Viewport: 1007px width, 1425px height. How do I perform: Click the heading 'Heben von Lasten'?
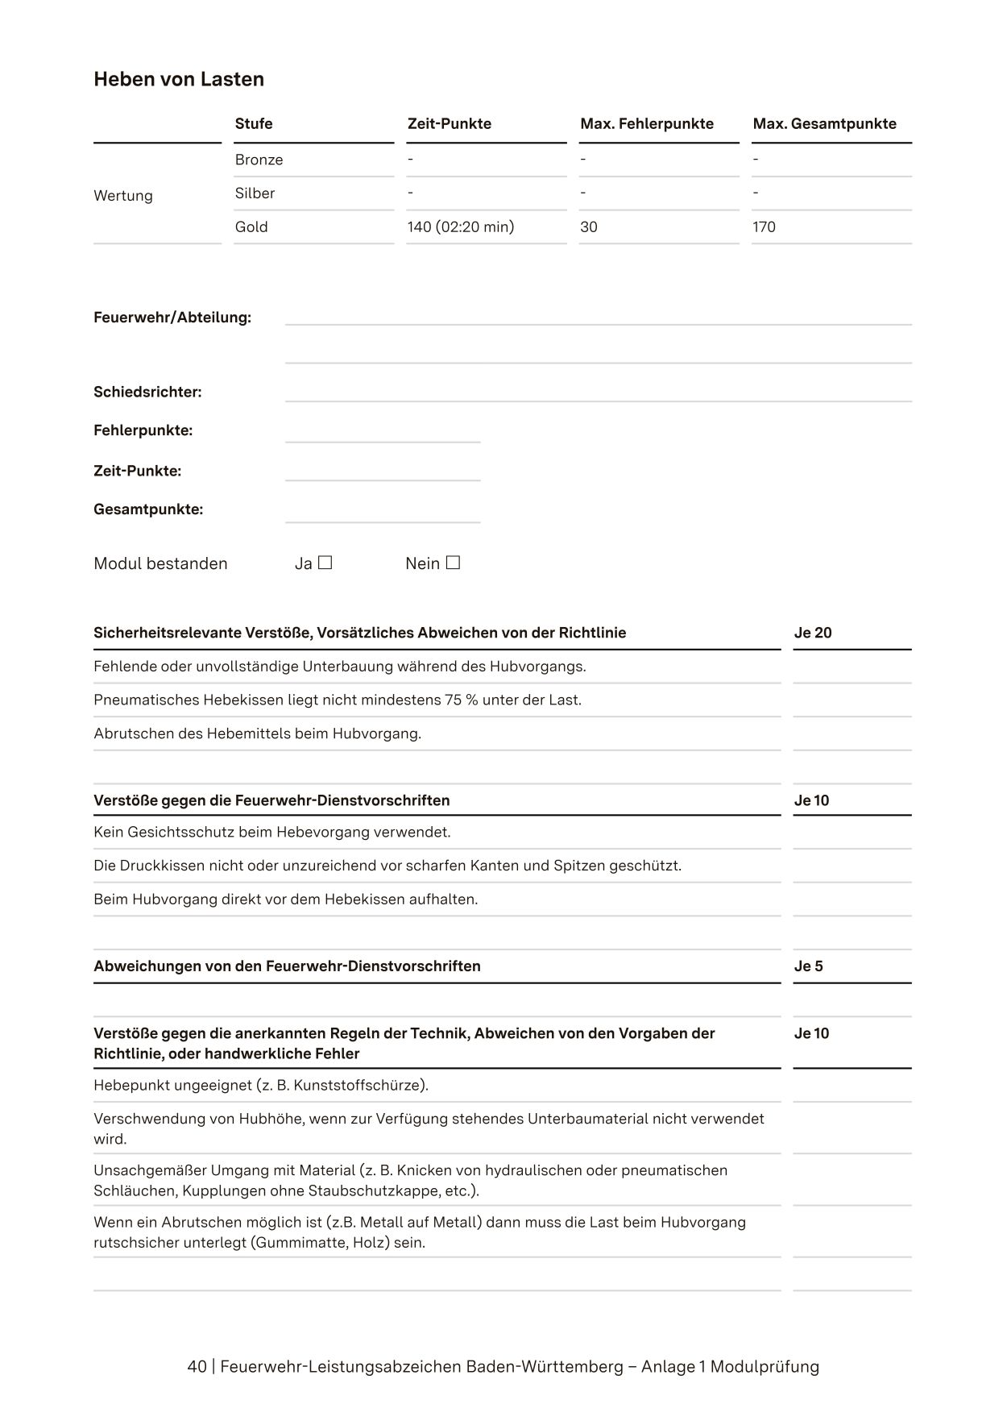point(179,79)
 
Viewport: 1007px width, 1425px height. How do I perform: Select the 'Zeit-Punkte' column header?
point(449,123)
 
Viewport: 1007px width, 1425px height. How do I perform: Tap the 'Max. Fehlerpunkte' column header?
point(646,123)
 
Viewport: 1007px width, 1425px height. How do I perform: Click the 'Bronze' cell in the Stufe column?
point(259,160)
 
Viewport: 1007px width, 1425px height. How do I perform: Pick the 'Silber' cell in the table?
point(255,193)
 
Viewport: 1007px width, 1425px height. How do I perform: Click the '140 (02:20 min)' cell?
point(460,227)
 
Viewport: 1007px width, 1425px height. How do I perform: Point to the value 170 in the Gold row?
point(764,227)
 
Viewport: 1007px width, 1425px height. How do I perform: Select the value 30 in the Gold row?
point(588,227)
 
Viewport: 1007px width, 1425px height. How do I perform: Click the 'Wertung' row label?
point(122,196)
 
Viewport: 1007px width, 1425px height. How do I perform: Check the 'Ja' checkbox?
point(325,563)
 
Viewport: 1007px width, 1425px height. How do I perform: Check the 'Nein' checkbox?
point(453,563)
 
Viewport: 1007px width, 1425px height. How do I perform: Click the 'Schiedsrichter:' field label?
point(147,393)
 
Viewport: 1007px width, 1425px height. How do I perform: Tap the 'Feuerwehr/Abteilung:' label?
point(172,318)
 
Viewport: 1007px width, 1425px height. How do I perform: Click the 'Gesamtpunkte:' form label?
point(148,509)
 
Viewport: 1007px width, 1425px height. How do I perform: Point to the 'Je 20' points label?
point(812,633)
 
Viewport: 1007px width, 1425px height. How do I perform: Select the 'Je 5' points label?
point(808,966)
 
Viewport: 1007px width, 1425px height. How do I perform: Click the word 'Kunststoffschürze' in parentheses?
point(358,1085)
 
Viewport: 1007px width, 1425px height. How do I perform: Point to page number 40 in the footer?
point(197,1367)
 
